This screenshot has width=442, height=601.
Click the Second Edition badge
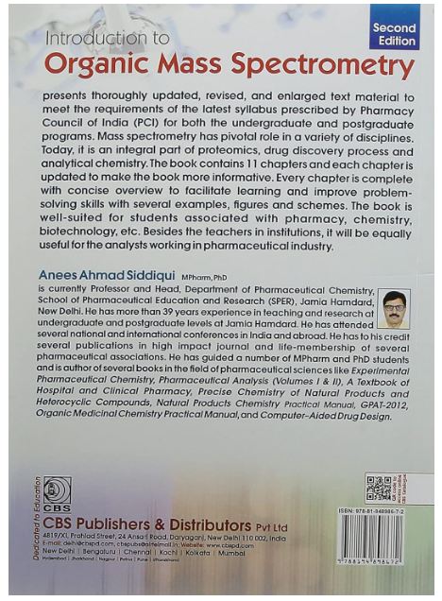tap(393, 36)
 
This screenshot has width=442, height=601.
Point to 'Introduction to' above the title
tap(108, 39)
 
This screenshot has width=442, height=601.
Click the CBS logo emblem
tap(57, 489)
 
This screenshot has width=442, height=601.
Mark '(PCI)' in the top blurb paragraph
tap(138, 124)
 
